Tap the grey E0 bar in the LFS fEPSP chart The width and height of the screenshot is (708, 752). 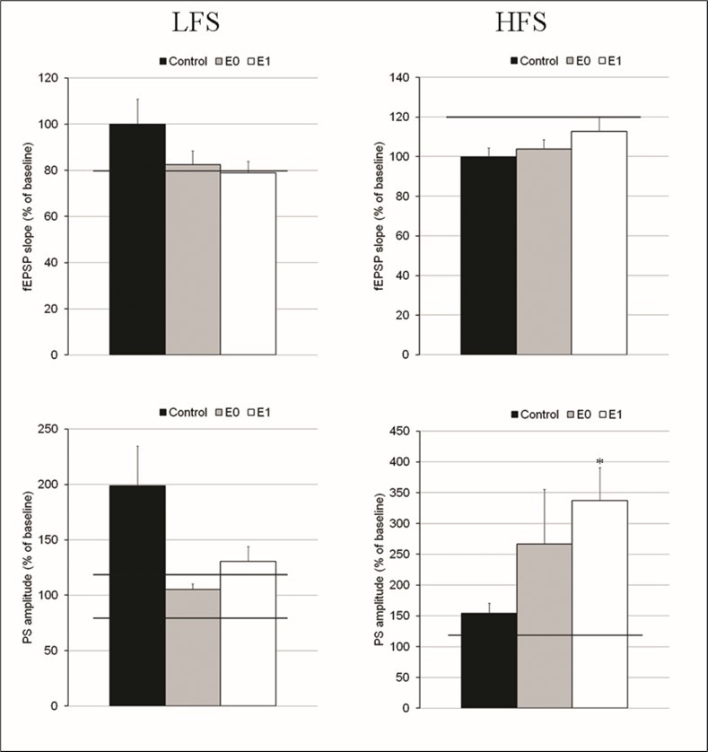[192, 259]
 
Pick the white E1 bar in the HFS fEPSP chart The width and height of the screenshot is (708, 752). [599, 242]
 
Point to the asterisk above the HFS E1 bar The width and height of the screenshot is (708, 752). [599, 462]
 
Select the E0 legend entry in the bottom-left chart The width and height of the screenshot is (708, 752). [236, 412]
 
